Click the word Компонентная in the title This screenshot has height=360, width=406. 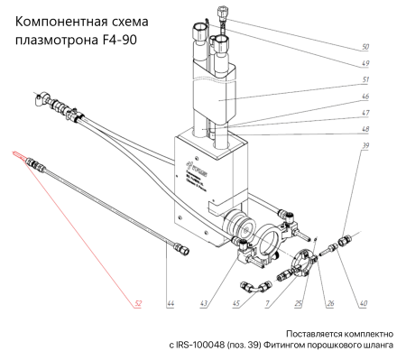click(x=62, y=21)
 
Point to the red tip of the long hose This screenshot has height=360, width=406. click(x=18, y=155)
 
